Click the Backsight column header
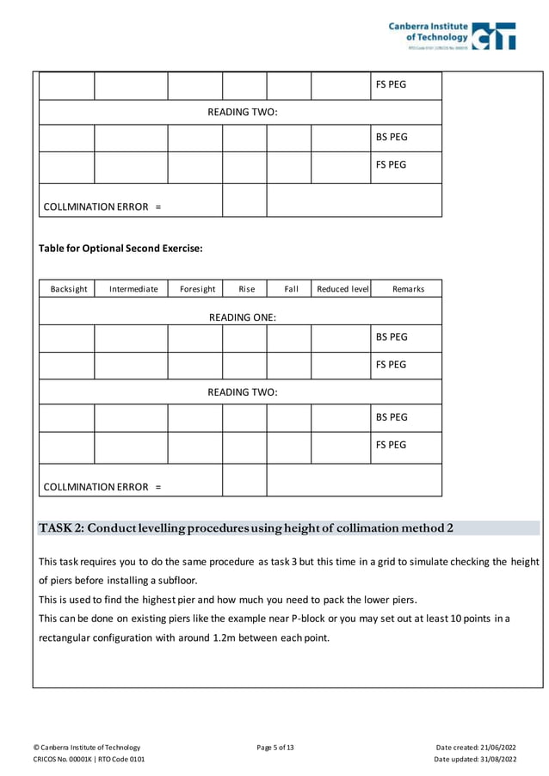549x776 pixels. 66,289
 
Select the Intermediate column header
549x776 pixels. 133,289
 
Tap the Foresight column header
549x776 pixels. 197,289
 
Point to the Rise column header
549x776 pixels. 246,289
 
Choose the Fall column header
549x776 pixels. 291,289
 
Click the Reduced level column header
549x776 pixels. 342,289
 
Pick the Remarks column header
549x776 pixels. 408,289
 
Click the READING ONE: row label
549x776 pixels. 242,317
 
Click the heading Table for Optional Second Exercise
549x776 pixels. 120,249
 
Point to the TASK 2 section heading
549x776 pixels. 246,528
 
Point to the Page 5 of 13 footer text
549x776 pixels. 274,747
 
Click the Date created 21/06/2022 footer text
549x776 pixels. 476,747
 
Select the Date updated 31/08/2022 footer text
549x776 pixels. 475,760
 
